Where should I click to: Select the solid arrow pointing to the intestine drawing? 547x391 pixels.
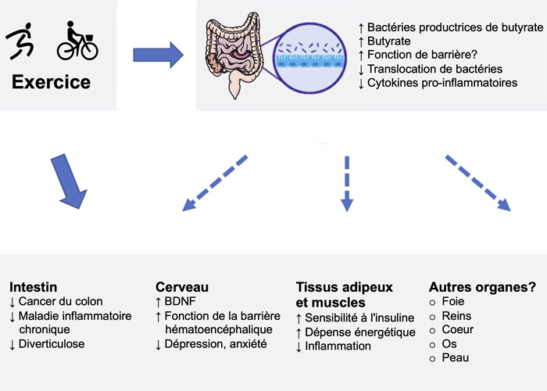[x=158, y=55]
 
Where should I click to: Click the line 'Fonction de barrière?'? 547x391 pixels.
[x=412, y=56]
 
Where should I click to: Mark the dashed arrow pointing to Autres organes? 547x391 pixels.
[x=478, y=184]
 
